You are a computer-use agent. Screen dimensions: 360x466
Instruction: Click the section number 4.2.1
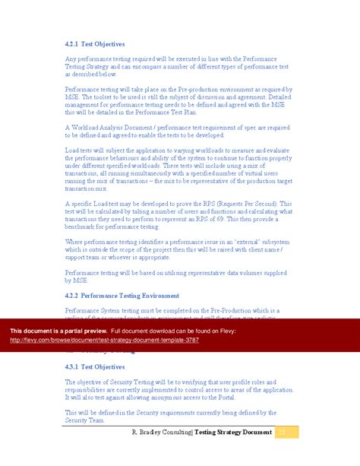tap(73, 45)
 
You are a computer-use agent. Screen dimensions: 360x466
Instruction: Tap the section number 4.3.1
tap(73, 366)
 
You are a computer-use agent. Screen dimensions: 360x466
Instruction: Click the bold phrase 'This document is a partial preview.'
tap(58, 331)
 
